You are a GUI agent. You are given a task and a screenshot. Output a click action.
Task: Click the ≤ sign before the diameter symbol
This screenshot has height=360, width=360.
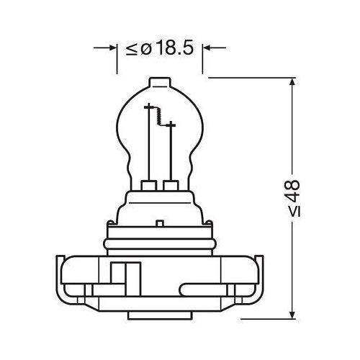(132, 49)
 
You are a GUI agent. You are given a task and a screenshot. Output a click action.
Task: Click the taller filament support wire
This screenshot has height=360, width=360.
(150, 144)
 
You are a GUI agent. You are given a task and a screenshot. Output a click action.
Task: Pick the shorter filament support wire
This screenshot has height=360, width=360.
(170, 151)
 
